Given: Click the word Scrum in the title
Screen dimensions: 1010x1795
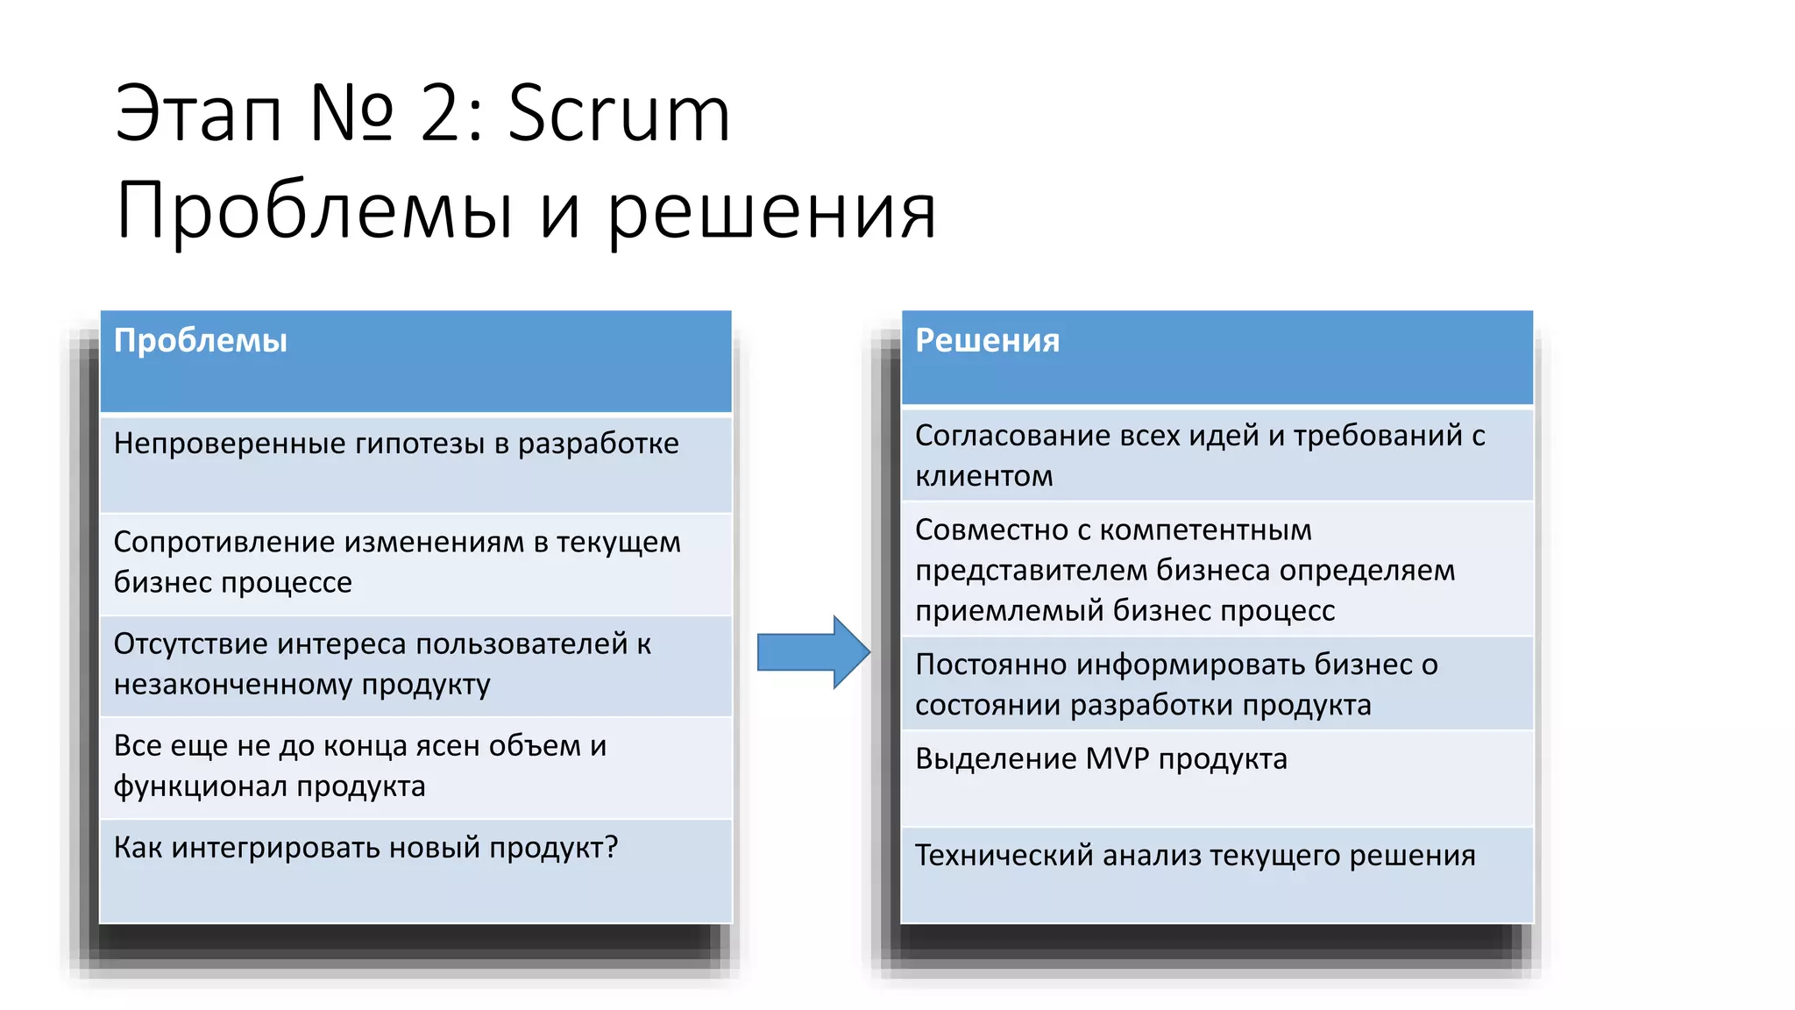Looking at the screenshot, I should [619, 114].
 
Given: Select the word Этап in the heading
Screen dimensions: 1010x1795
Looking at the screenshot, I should [198, 114].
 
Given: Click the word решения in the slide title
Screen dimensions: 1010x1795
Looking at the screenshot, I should [771, 212].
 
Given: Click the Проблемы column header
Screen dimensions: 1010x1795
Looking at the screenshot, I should [201, 340].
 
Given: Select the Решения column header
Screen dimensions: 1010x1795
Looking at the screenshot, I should [987, 340].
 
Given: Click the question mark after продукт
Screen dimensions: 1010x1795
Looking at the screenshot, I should [611, 847].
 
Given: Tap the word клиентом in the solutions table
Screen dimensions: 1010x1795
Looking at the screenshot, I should [983, 476].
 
